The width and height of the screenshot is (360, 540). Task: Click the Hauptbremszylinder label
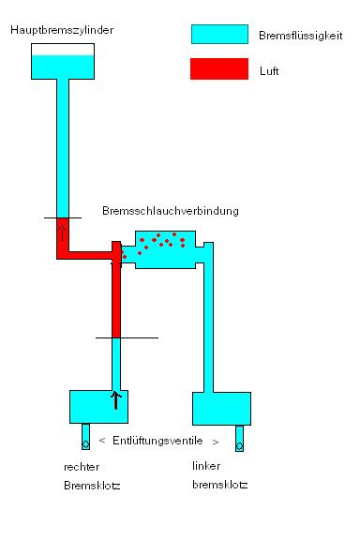pos(62,31)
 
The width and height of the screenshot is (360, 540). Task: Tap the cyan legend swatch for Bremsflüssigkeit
pos(219,35)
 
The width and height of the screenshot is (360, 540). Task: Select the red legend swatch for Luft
pos(219,68)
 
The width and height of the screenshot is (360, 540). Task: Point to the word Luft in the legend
pos(268,69)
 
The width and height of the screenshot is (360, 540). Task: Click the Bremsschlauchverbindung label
pos(170,211)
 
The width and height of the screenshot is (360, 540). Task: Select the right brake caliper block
pos(97,407)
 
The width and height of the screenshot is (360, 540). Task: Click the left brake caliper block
pos(221,408)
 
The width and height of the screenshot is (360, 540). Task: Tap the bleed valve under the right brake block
pos(85,438)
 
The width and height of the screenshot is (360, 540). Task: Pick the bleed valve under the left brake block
pos(239,438)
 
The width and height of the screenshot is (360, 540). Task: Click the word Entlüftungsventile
pos(157,440)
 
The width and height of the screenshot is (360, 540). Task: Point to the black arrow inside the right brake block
pos(116,400)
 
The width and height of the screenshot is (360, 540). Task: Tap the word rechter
pos(81,466)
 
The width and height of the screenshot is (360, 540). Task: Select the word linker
pos(206,466)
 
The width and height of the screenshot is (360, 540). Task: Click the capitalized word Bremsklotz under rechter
pos(92,485)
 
